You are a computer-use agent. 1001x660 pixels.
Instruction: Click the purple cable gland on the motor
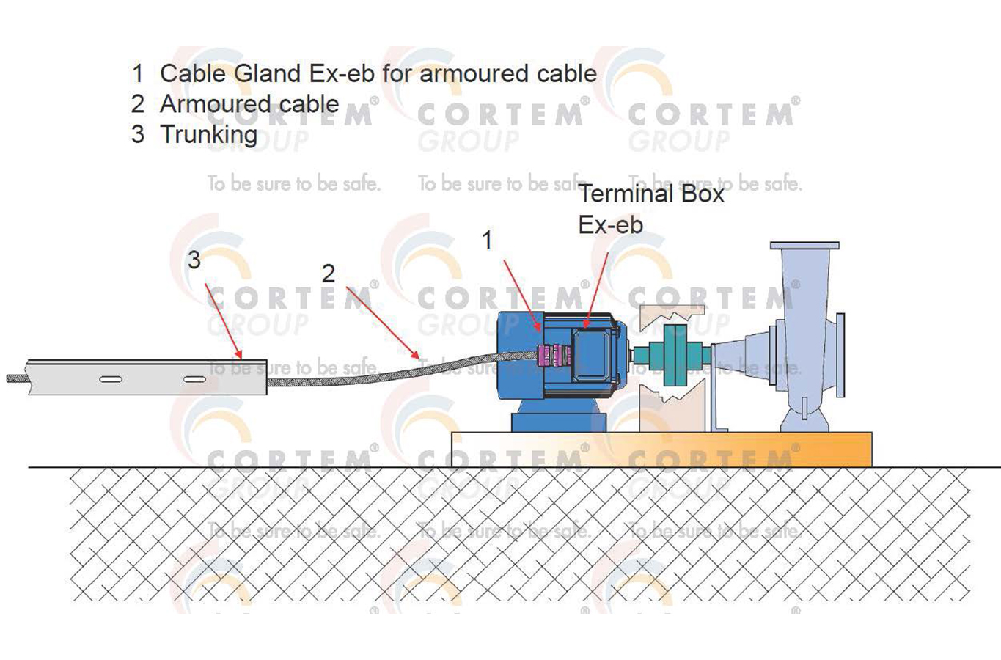pos(554,355)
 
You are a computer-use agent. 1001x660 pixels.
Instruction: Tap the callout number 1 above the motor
pos(487,240)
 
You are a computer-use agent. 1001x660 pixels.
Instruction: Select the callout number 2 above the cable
pos(328,274)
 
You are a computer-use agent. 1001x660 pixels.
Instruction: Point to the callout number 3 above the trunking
pos(194,260)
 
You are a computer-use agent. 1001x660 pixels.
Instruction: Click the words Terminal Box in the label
pos(650,194)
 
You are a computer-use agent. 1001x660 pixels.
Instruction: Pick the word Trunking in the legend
pos(208,134)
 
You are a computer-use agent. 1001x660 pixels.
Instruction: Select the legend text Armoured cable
pos(249,104)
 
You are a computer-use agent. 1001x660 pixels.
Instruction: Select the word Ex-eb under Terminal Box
pos(610,225)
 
